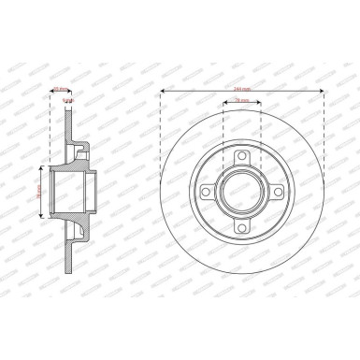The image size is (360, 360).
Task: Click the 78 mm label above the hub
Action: pyautogui.click(x=241, y=101)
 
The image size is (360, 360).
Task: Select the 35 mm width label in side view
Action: pyautogui.click(x=62, y=90)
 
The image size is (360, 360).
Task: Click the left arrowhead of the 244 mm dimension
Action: pyautogui.click(x=163, y=92)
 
